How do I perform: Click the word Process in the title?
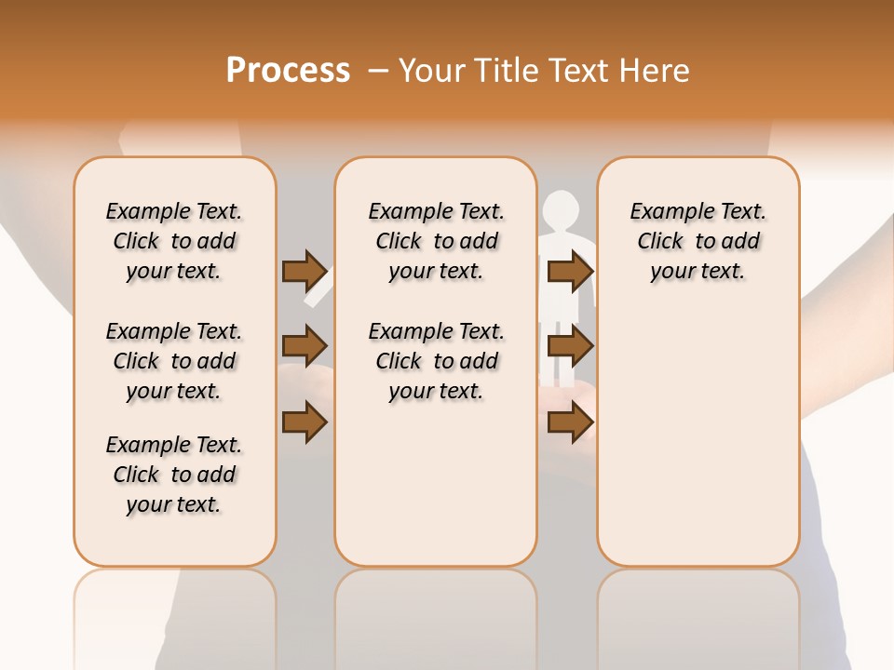tap(288, 71)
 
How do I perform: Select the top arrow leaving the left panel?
tap(305, 271)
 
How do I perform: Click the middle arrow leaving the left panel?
tap(305, 347)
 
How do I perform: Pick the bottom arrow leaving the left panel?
tap(305, 423)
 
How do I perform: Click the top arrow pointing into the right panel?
tap(570, 271)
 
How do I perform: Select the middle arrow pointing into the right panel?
tap(570, 347)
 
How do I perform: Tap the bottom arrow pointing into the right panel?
tap(570, 423)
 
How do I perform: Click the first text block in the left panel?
tap(174, 241)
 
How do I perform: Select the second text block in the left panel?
tap(174, 361)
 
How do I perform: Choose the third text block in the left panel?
tap(174, 475)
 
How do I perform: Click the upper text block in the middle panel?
tap(436, 241)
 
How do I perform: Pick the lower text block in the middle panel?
tap(436, 361)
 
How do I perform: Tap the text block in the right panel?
tap(698, 241)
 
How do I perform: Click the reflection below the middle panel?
tap(436, 614)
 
